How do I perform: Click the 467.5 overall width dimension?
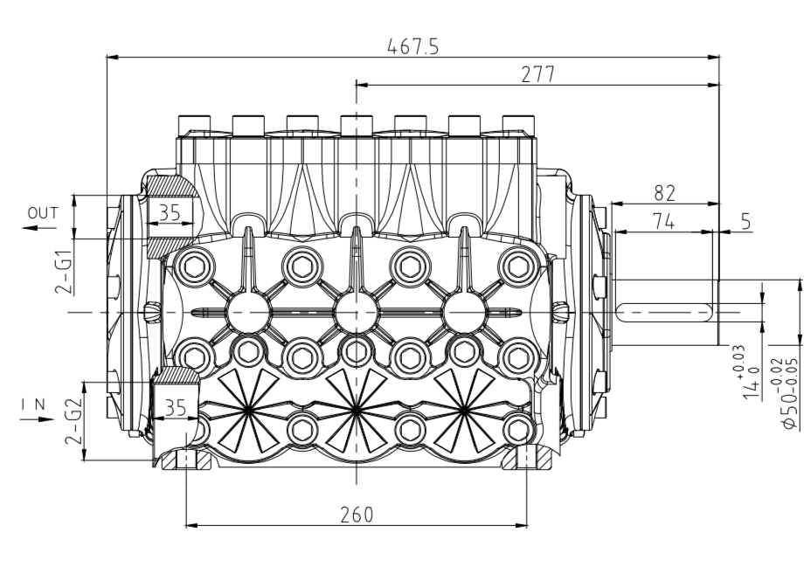412,46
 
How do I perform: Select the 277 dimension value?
538,74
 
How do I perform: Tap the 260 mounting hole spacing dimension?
357,515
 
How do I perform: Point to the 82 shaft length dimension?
665,193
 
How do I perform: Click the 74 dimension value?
663,222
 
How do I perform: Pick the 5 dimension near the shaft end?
745,221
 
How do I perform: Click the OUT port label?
43,213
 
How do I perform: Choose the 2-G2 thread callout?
73,421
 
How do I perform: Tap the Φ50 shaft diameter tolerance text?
790,393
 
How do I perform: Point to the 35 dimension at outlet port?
170,212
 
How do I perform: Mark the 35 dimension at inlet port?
175,408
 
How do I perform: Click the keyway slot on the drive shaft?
665,312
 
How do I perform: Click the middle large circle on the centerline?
357,312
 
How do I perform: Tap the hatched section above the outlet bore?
170,185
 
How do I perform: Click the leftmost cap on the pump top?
195,125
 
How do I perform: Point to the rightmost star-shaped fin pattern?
464,410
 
